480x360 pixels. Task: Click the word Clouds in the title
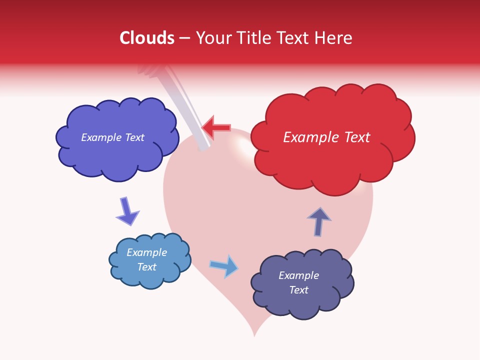pyautogui.click(x=147, y=38)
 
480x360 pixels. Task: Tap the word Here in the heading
pyautogui.click(x=333, y=38)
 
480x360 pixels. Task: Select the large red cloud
pyautogui.click(x=330, y=160)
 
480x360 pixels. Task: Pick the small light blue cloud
pyautogui.click(x=149, y=277)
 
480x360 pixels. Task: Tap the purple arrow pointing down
pyautogui.click(x=127, y=211)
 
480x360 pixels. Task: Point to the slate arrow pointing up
pyautogui.click(x=319, y=221)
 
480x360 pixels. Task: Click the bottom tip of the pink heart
pyautogui.click(x=254, y=333)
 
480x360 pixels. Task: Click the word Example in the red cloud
pyautogui.click(x=306, y=137)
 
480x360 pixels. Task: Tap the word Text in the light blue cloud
pyautogui.click(x=147, y=267)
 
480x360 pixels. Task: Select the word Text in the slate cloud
pyautogui.click(x=299, y=290)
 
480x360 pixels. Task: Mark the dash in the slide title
pyautogui.click(x=184, y=38)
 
